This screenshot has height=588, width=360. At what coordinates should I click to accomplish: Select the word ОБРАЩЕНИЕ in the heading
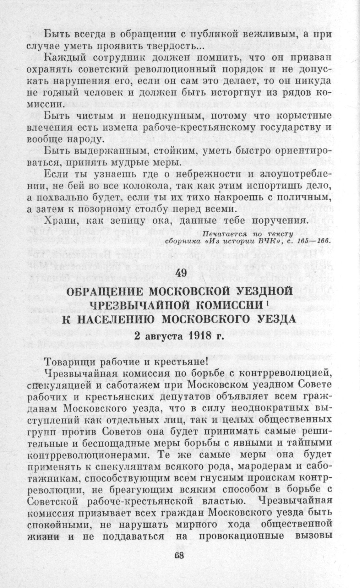point(103,291)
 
